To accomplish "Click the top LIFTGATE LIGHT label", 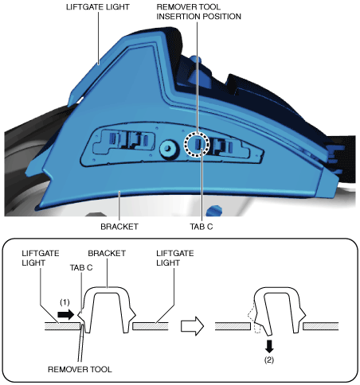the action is (98, 7).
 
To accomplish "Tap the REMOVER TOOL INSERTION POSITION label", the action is (199, 12).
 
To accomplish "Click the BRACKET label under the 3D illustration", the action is (119, 227).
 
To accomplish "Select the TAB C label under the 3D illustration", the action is (202, 227).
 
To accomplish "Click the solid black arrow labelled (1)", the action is (65, 315).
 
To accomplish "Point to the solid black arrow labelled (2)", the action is (269, 346).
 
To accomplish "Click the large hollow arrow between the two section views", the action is (192, 326).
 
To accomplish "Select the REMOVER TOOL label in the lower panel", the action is (80, 369).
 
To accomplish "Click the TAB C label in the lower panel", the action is (81, 268).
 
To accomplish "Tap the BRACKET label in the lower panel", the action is (107, 253).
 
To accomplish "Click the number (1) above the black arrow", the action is (65, 302).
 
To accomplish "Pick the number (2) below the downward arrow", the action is (269, 360).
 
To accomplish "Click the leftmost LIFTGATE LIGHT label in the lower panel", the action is (41, 258).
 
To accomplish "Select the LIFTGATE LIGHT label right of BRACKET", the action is (175, 258).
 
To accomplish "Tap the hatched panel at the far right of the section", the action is (321, 326).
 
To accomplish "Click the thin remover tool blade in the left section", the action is (81, 343).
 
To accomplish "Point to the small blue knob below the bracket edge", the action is (215, 210).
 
